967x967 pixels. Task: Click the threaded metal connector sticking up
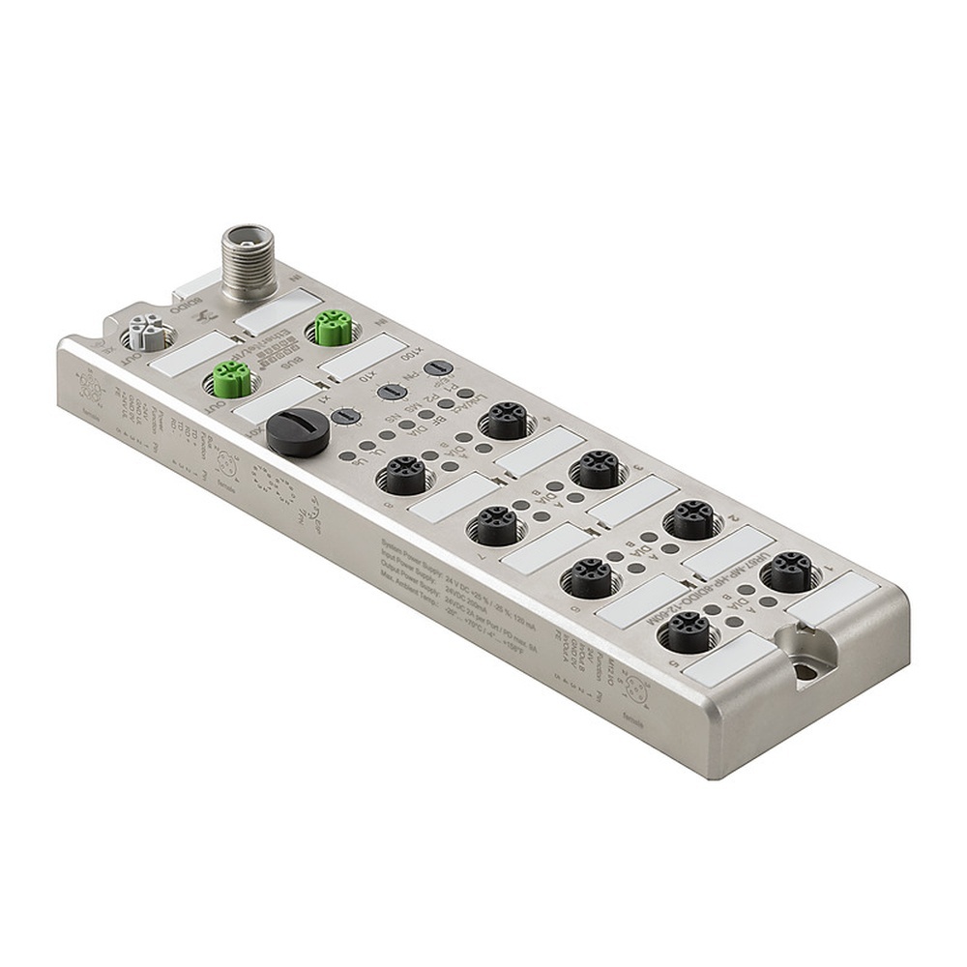click(242, 255)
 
